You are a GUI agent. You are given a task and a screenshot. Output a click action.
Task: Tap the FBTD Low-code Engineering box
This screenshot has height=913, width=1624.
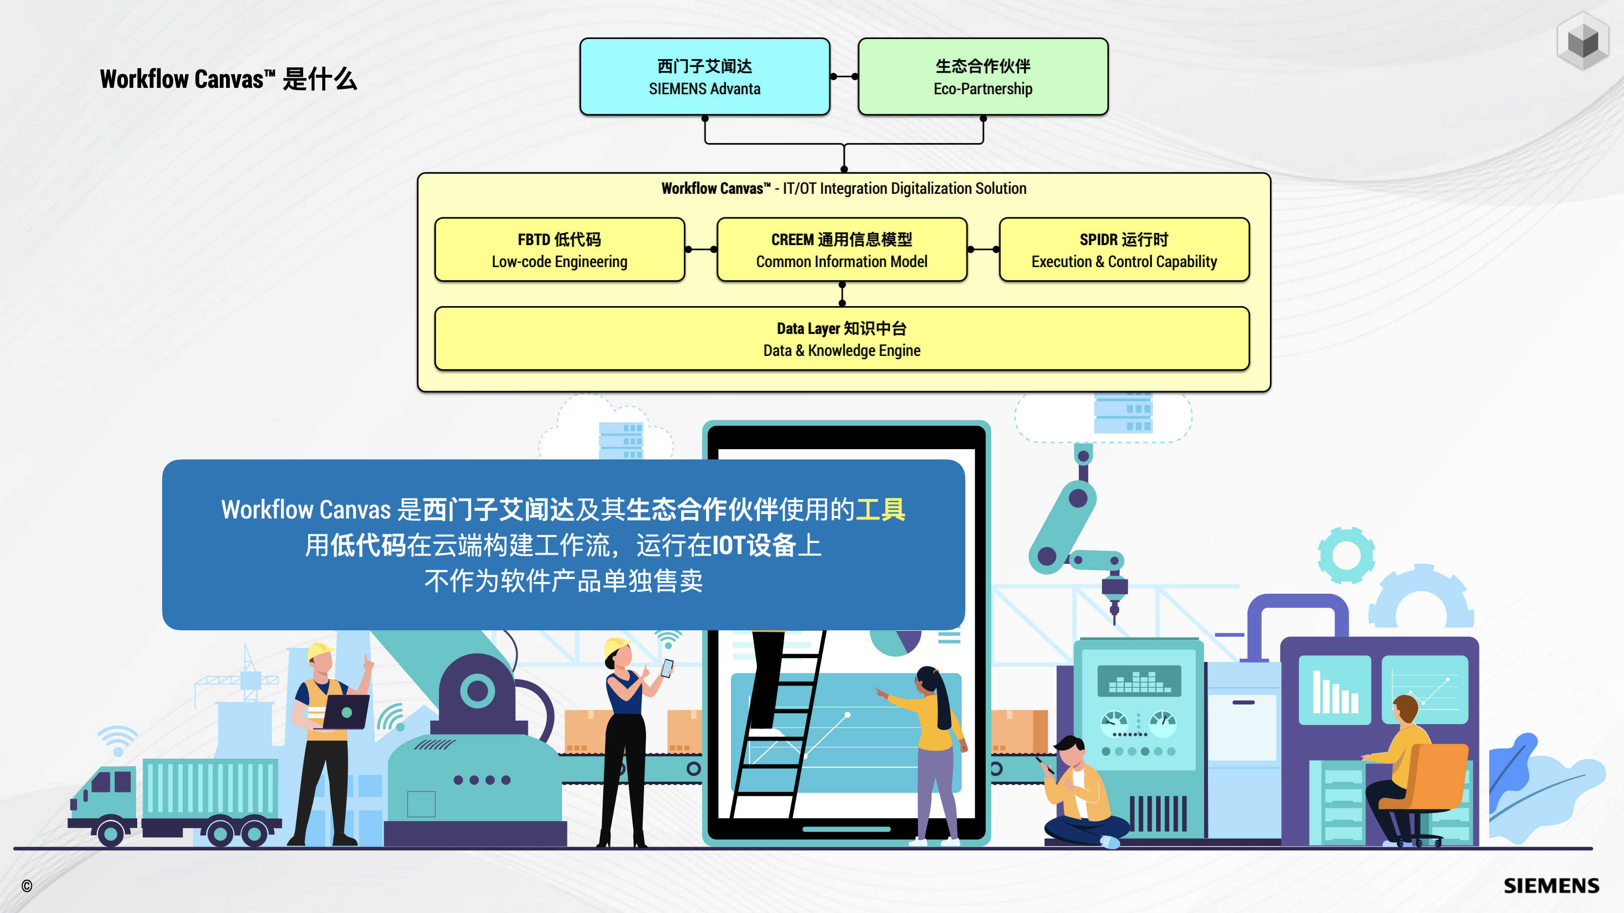click(x=559, y=249)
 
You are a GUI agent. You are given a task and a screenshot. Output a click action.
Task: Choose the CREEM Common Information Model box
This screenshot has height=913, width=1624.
click(x=842, y=249)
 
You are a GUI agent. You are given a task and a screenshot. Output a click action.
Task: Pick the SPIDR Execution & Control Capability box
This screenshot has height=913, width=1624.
click(x=1124, y=249)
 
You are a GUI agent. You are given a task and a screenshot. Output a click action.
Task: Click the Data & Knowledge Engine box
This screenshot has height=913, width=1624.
click(x=842, y=339)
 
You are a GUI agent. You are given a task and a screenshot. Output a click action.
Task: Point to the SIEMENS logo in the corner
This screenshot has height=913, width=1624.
click(x=1551, y=885)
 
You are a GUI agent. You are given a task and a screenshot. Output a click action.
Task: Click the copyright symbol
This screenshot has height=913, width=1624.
click(x=26, y=886)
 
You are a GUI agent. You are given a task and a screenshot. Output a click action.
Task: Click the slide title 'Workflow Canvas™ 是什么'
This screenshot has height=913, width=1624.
click(x=228, y=80)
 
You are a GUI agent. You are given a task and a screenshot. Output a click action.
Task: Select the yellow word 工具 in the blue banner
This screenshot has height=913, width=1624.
click(x=880, y=509)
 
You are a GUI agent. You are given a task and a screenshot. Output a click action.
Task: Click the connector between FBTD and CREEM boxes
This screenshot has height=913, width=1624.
click(x=700, y=249)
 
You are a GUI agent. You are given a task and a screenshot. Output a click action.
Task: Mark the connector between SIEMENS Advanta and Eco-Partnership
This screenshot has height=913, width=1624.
click(x=844, y=76)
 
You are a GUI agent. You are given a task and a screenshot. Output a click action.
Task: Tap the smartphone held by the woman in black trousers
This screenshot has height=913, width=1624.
click(x=667, y=667)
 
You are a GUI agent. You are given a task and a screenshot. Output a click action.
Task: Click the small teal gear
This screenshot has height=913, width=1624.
click(x=1346, y=555)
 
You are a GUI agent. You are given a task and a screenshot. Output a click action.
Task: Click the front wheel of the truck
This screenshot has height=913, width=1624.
click(x=111, y=832)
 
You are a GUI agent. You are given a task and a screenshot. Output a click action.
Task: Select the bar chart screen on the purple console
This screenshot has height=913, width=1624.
click(x=1334, y=690)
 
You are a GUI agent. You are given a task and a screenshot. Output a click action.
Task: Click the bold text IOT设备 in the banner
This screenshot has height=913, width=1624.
click(x=753, y=545)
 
